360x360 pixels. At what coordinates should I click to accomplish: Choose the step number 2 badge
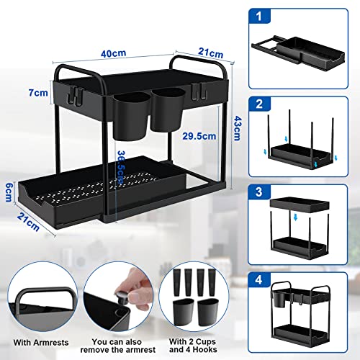[x=260, y=104]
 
